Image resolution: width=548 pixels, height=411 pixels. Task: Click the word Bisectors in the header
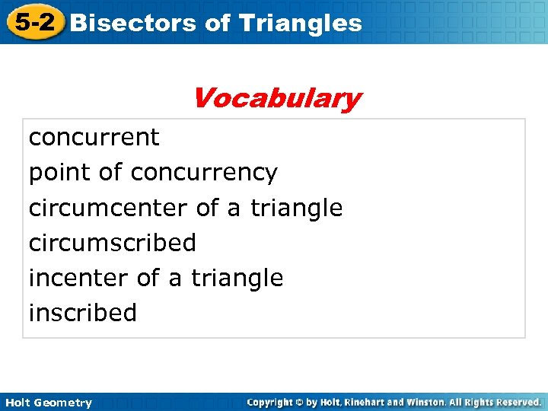(133, 23)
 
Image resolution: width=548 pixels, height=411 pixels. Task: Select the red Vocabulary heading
(276, 98)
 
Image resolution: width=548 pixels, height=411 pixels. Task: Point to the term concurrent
(94, 138)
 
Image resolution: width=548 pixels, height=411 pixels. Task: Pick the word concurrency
(204, 174)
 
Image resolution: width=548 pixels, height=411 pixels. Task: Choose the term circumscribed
(112, 243)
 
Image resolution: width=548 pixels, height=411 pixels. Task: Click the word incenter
(78, 278)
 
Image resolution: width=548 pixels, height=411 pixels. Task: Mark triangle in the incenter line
(237, 278)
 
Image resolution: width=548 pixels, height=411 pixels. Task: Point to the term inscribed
(82, 313)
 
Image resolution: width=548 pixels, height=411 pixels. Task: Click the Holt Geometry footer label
(47, 403)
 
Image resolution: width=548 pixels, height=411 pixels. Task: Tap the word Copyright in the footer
(271, 402)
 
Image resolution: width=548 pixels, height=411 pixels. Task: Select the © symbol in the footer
(300, 402)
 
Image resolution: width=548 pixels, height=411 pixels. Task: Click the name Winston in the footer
(429, 402)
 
